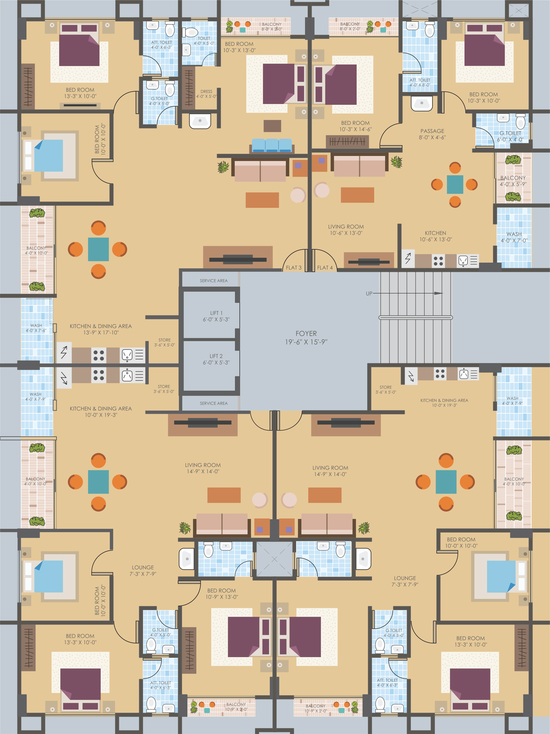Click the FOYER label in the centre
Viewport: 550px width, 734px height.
coord(306,337)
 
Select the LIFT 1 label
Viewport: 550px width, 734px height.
coord(216,316)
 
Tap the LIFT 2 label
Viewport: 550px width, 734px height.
coord(216,359)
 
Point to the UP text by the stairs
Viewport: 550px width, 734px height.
coord(369,293)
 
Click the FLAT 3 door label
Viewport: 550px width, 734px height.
coord(293,267)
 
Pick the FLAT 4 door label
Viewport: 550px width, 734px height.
coord(325,267)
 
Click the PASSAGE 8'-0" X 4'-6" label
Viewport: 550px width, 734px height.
coord(432,134)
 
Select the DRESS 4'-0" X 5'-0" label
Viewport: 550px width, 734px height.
coord(206,94)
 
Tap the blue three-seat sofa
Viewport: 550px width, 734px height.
coord(272,146)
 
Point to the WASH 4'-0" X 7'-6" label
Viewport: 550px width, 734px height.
coord(36,328)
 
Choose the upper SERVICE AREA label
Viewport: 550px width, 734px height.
coord(214,281)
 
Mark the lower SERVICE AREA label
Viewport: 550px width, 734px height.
coord(214,403)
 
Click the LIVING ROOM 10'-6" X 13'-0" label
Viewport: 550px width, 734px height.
coord(346,230)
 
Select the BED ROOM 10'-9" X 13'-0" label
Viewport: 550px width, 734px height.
coord(221,594)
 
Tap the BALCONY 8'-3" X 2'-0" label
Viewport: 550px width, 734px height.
coord(272,26)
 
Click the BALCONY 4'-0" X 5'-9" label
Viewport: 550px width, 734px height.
coord(513,181)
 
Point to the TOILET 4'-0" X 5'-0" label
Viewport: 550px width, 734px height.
coord(204,40)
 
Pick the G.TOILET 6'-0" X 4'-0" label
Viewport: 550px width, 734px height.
coord(511,136)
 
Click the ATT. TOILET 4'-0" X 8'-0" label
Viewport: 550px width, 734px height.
coord(420,82)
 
